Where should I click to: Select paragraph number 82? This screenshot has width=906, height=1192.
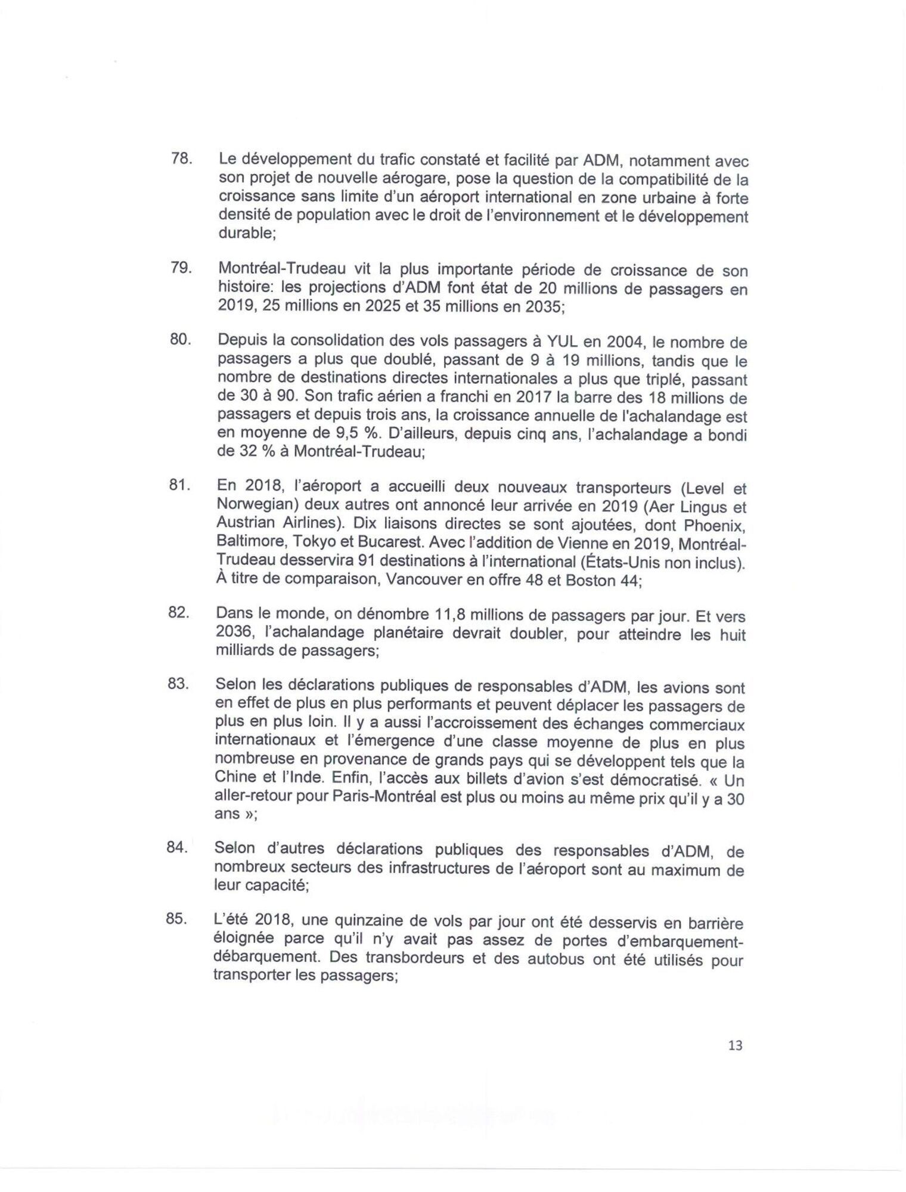pyautogui.click(x=179, y=613)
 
